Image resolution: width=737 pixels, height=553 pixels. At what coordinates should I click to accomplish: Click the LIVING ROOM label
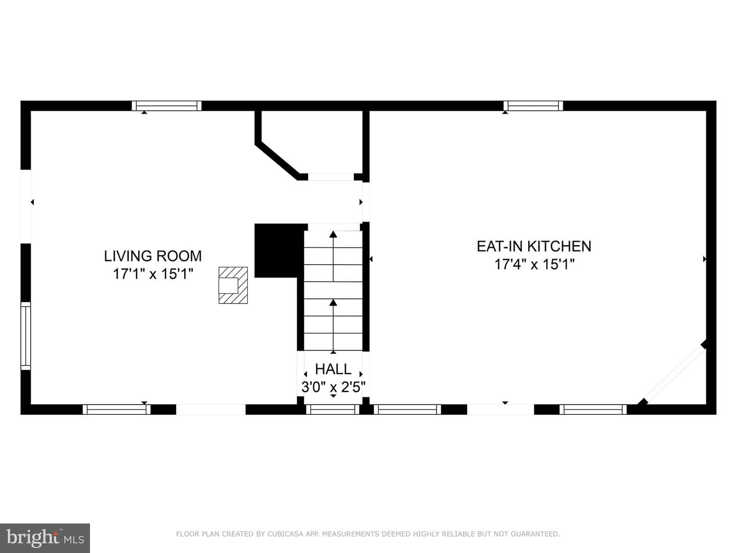[153, 256]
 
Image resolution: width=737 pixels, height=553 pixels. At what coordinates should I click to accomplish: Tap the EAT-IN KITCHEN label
[534, 246]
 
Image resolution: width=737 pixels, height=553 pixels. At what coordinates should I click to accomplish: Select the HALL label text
[333, 369]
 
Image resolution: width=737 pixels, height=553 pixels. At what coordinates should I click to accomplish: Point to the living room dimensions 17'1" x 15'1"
[153, 274]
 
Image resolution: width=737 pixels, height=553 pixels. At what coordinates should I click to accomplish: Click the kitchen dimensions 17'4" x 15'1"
[534, 264]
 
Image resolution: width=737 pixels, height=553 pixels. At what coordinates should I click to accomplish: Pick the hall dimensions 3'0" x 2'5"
[333, 387]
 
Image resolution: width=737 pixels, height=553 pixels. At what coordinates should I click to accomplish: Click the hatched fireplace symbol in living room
[233, 285]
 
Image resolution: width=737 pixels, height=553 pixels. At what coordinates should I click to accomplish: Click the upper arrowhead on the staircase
[333, 235]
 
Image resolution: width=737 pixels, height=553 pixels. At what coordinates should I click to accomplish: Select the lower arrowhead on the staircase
[333, 303]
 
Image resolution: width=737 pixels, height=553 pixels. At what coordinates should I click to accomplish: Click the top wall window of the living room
[166, 106]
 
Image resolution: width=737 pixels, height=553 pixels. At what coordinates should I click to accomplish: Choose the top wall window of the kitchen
[533, 106]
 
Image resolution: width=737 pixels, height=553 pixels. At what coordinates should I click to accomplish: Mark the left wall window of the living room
[26, 336]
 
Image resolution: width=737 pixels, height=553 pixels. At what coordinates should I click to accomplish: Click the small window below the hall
[333, 410]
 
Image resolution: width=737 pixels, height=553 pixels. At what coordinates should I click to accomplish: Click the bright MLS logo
[45, 538]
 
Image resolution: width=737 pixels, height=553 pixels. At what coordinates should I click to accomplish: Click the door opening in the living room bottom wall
[211, 410]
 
